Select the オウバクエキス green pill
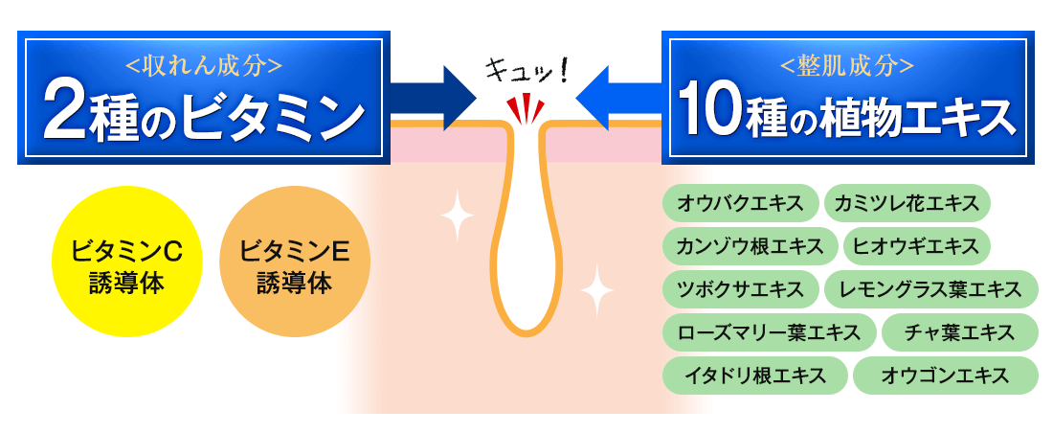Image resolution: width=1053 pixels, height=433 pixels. click(x=739, y=203)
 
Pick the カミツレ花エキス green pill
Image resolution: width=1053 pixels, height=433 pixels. click(x=906, y=203)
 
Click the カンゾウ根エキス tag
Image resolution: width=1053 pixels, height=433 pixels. click(x=751, y=246)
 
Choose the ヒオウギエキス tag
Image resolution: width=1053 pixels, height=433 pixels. click(x=916, y=246)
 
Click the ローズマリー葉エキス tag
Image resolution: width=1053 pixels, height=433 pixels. click(x=769, y=332)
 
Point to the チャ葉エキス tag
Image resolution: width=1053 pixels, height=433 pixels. click(x=959, y=332)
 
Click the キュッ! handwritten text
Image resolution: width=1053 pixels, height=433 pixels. click(x=526, y=69)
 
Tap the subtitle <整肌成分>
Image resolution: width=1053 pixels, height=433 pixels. click(x=847, y=65)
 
